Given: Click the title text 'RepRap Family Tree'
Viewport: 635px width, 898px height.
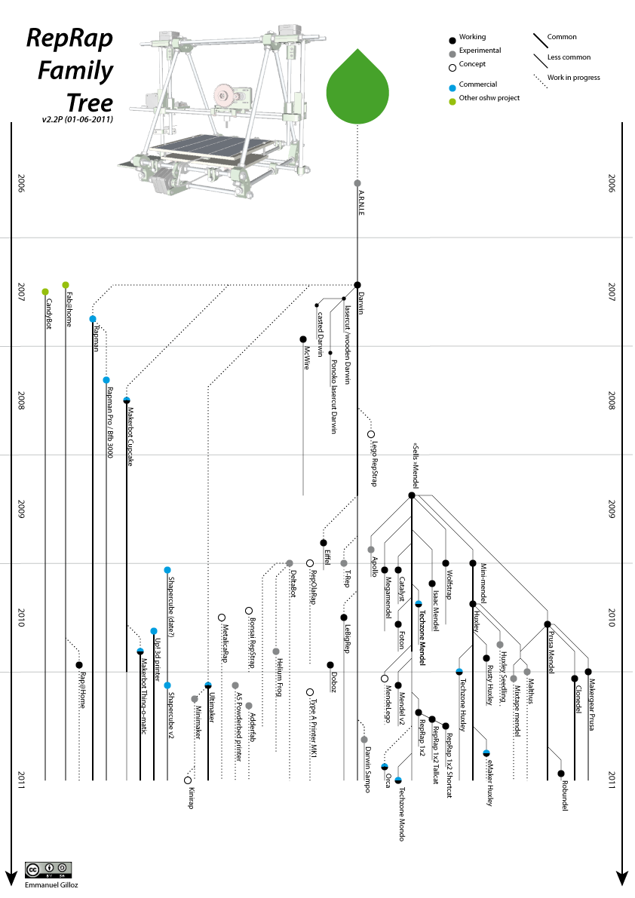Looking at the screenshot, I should tap(69, 69).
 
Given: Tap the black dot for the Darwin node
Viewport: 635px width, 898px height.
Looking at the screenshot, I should tap(357, 285).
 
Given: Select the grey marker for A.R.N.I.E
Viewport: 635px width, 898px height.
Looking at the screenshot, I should tap(357, 183).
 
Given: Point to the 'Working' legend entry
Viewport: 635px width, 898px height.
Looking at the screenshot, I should tap(472, 37).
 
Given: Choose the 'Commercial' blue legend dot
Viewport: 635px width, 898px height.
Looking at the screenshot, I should tap(452, 85).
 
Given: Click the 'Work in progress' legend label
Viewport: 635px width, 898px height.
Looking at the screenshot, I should tap(574, 78).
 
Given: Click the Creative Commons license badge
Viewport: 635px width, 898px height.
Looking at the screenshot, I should tap(49, 868).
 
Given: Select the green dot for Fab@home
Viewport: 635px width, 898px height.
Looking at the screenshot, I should tap(66, 285).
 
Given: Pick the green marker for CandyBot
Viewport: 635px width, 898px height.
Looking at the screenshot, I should tap(45, 292).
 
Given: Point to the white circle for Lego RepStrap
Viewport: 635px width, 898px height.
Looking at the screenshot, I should tap(371, 434).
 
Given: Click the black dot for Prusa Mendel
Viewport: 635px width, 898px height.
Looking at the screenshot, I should tap(548, 624).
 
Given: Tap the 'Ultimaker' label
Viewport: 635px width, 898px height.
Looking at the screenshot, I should tap(212, 707).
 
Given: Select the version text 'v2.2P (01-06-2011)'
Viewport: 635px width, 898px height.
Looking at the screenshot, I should tap(78, 119).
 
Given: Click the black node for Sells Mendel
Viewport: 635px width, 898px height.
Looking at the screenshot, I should tap(412, 495).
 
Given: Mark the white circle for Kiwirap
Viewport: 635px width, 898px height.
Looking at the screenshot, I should tap(188, 780).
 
